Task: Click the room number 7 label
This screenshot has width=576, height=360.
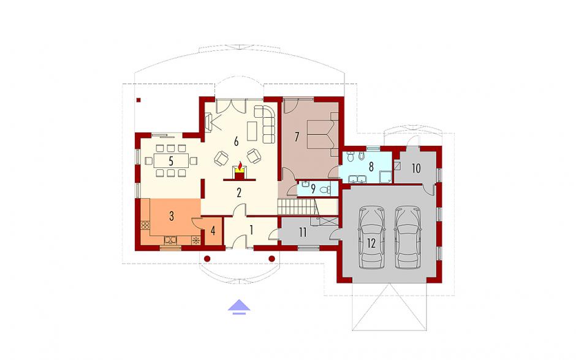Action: coord(297,137)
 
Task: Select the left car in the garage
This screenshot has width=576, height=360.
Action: coord(372,237)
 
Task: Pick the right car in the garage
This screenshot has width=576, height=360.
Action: coord(408,237)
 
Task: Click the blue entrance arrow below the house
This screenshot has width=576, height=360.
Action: coord(239,307)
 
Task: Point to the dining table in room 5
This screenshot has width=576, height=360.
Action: coord(171,161)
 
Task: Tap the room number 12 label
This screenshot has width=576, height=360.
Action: coord(371,243)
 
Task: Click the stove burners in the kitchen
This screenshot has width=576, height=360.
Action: coord(145,226)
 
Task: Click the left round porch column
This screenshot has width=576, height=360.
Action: coord(207,259)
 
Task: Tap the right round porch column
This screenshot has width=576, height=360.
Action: coord(272,259)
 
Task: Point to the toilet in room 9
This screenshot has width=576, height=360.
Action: coord(325,190)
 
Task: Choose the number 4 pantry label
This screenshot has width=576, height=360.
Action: coord(213,231)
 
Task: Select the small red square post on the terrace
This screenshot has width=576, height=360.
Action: coord(138,99)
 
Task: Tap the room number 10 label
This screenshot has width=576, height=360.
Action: coord(416,169)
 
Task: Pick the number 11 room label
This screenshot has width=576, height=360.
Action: coord(303,232)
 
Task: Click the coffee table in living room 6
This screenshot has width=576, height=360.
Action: coord(252,131)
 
